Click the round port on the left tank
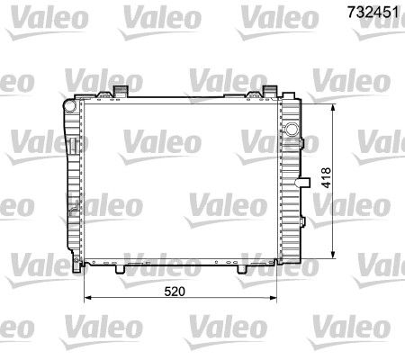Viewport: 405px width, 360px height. pyautogui.click(x=69, y=105)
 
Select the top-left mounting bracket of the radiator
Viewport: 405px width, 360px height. pyautogui.click(x=121, y=91)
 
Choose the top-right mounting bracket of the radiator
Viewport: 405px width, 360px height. pyautogui.click(x=269, y=91)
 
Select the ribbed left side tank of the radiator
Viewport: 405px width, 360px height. pyautogui.click(x=72, y=180)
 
